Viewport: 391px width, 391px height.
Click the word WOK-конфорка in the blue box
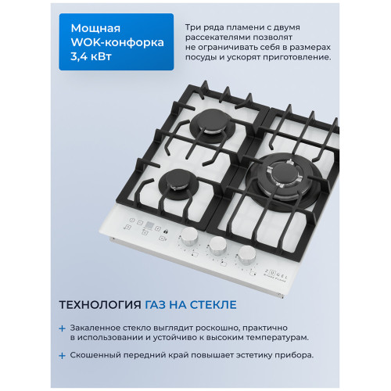click(117, 42)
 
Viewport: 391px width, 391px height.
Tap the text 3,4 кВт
click(91, 56)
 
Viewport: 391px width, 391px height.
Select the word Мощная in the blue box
click(95, 28)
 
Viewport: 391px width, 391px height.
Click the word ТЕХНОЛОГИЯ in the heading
click(100, 305)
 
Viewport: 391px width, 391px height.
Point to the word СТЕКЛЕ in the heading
click(213, 305)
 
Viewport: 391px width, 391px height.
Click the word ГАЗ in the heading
click(155, 305)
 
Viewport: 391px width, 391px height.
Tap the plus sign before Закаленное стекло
click(62, 328)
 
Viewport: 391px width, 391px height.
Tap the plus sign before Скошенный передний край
click(62, 356)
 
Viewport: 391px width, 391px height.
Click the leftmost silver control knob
click(189, 236)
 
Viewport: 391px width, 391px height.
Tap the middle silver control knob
click(218, 246)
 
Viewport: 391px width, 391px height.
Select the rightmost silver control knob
click(247, 255)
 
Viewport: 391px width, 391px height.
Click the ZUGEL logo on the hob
click(276, 274)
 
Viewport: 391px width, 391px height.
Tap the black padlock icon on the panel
click(166, 231)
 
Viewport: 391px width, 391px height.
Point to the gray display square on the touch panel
click(149, 225)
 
